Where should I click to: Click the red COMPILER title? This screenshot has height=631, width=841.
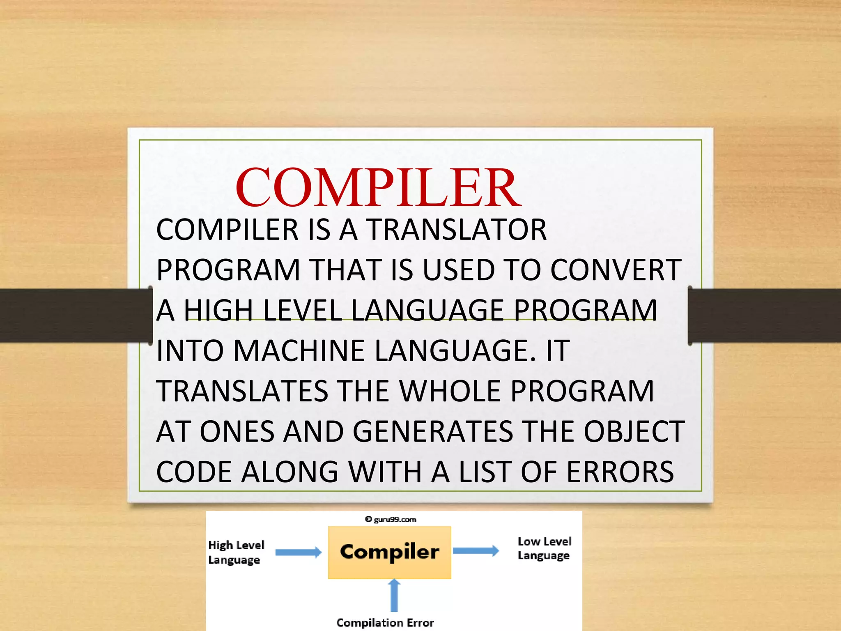[378, 188]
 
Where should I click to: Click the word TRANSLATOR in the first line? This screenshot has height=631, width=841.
[457, 230]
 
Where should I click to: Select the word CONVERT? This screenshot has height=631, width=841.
[616, 270]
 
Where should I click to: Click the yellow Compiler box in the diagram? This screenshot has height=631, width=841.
[389, 552]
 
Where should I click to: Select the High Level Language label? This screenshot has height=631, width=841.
[236, 552]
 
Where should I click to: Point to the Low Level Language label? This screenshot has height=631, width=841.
[544, 548]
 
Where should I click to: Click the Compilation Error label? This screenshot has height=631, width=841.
[385, 623]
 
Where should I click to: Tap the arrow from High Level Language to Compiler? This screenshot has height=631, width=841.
[298, 552]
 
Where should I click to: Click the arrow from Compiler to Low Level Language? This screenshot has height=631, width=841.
[476, 550]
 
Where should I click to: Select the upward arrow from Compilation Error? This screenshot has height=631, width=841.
[394, 595]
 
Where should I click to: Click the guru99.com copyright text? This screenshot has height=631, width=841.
[391, 520]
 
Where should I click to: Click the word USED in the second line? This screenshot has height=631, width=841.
[458, 270]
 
